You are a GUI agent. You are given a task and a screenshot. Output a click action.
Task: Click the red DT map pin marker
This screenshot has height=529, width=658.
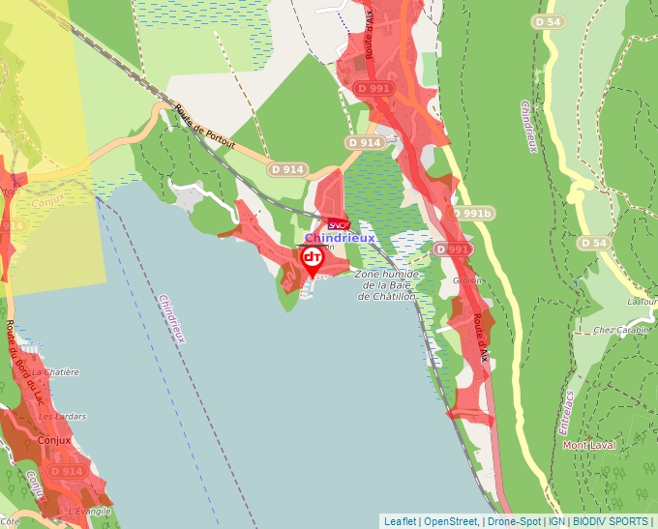coord(312,259)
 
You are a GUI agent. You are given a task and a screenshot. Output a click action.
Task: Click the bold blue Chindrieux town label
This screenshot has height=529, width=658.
coord(340,238)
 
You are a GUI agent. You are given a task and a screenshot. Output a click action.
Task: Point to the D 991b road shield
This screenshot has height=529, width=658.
coord(473,214)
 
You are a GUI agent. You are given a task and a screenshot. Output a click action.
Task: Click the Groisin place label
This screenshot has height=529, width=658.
coord(468,280)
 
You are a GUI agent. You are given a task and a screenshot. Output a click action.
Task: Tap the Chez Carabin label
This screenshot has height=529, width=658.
coord(619,330)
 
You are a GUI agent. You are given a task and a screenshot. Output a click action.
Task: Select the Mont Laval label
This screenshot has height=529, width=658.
coord(589,446)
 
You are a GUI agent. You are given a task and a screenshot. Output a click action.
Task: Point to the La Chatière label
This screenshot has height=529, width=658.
coord(55,371)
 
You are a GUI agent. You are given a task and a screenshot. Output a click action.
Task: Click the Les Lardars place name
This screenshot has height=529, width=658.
coord(62,416)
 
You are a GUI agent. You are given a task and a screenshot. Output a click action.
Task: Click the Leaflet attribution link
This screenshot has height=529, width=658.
coord(400,521)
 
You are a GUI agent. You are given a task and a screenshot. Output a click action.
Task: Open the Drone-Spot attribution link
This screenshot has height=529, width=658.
coord(514,521)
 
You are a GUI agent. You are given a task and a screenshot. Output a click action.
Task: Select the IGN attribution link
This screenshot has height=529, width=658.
coord(556,521)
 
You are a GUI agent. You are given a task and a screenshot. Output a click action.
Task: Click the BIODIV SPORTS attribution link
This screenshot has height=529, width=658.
coord(611,521)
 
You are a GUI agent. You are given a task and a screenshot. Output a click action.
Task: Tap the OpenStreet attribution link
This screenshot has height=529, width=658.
coord(451,521)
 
